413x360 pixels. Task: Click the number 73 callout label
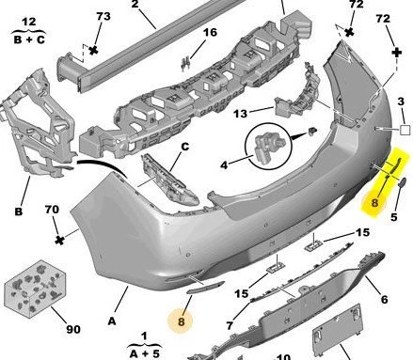point(103,16)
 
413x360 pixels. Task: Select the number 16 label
point(210,32)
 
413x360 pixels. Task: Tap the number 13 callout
point(240,114)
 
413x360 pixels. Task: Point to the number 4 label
point(224,165)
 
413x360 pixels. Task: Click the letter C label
point(185,147)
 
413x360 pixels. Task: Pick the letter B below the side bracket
point(19,211)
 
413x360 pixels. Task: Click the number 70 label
point(52,210)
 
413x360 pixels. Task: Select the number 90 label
point(73,329)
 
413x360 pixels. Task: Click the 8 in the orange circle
point(182,321)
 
